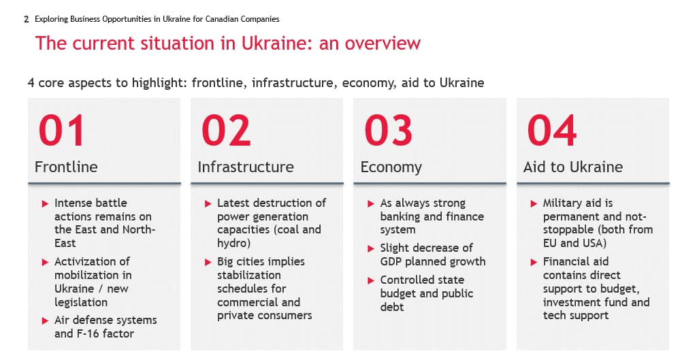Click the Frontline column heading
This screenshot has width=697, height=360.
pyautogui.click(x=66, y=167)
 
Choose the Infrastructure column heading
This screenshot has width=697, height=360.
pyautogui.click(x=246, y=167)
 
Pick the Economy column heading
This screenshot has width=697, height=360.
pyautogui.click(x=391, y=167)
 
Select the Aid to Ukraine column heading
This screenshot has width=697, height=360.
pyautogui.click(x=573, y=167)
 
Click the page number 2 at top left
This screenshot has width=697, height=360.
pyautogui.click(x=27, y=19)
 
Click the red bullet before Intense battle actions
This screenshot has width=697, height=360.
pyautogui.click(x=45, y=203)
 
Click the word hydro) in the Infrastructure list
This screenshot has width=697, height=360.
pyautogui.click(x=234, y=244)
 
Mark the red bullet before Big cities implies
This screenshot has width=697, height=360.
pyautogui.click(x=208, y=262)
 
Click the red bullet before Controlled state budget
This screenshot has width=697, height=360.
pyautogui.click(x=371, y=280)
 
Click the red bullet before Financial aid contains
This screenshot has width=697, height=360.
pyautogui.click(x=534, y=262)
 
